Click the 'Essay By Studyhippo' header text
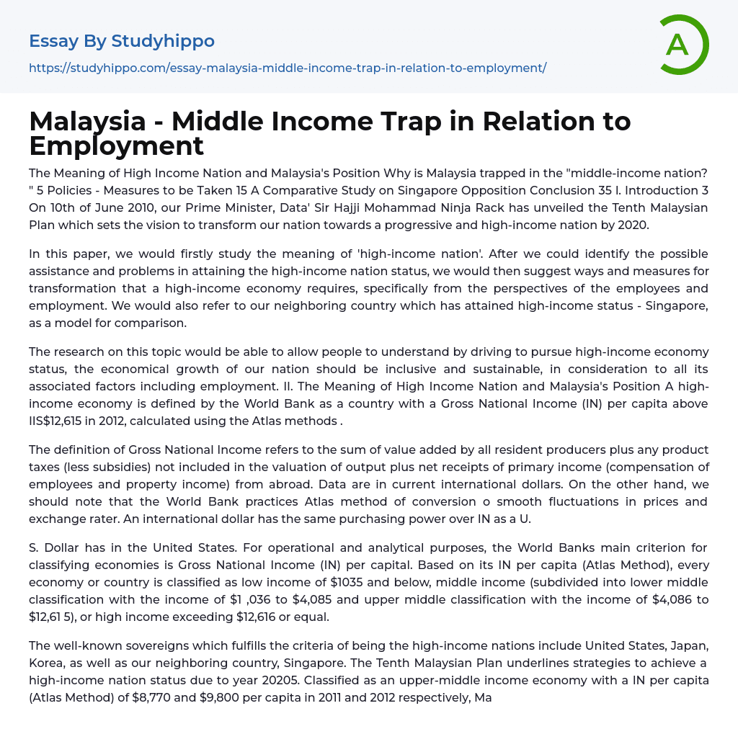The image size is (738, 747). coord(122,41)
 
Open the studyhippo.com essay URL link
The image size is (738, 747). coord(288,68)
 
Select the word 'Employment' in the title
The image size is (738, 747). coord(117,146)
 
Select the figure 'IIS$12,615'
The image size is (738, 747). coord(61,421)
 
